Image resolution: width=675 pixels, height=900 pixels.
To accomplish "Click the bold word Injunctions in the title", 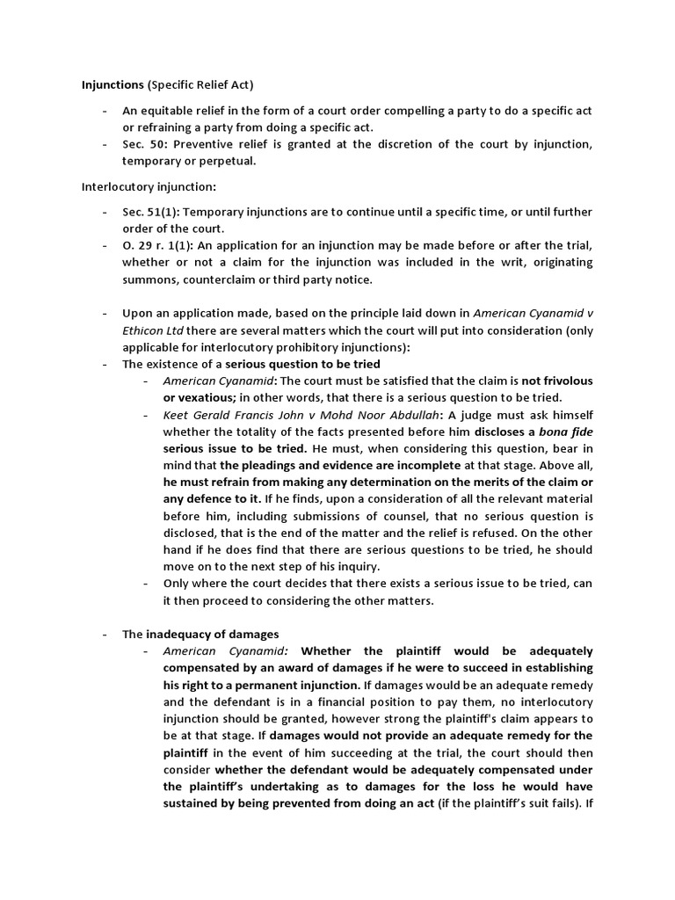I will [x=112, y=85].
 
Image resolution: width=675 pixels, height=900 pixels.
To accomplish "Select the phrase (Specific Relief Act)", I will [x=200, y=85].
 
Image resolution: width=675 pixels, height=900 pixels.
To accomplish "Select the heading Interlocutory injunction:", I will [x=148, y=186].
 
